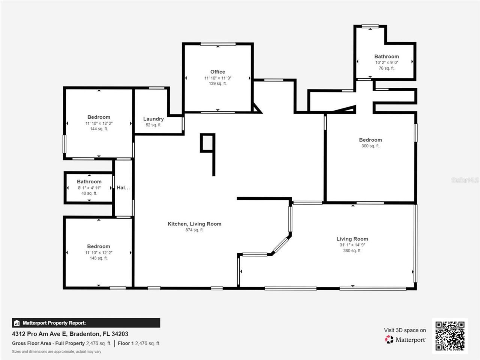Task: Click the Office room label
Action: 217,72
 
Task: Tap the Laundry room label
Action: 153,119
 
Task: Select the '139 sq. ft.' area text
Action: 217,84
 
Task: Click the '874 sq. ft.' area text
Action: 194,230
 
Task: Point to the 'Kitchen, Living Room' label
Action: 194,224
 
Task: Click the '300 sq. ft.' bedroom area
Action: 370,146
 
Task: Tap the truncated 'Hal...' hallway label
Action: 123,187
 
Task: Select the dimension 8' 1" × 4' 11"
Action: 89,187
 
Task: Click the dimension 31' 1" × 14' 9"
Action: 352,245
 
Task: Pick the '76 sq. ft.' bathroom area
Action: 386,68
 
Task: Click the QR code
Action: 450,336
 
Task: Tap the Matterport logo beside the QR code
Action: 405,340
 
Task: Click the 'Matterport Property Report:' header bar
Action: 86,323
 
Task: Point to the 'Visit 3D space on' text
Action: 405,330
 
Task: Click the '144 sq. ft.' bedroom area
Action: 99,129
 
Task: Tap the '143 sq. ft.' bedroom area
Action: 99,258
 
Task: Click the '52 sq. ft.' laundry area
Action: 153,125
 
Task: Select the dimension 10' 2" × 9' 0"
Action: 386,63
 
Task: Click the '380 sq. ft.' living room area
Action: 352,250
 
